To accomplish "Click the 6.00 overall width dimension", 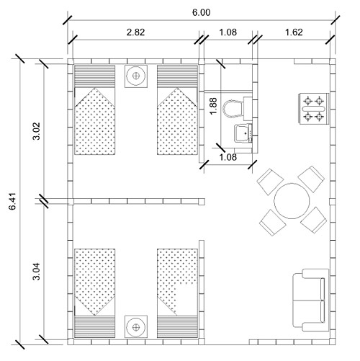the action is click(202, 12).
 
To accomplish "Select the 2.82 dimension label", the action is click(136, 32).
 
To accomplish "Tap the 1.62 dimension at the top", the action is click(294, 32).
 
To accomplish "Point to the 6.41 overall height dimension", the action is click(12, 201).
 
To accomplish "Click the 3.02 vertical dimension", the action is click(37, 131).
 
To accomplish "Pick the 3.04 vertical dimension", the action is click(37, 272).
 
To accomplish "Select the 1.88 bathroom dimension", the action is click(213, 106).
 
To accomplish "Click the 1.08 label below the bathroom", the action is click(228, 157).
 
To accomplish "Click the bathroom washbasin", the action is click(243, 133).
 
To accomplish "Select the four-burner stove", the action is click(314, 109).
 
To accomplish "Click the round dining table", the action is click(292, 201).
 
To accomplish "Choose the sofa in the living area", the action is click(310, 300).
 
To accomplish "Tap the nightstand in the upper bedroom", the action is click(136, 76).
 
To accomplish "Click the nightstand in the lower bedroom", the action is click(136, 327).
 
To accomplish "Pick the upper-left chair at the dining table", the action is click(270, 182).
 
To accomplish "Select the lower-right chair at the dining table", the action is click(313, 220).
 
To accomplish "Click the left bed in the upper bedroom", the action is click(95, 110).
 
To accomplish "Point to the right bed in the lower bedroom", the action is click(178, 293).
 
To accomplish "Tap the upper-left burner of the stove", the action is click(307, 101).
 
